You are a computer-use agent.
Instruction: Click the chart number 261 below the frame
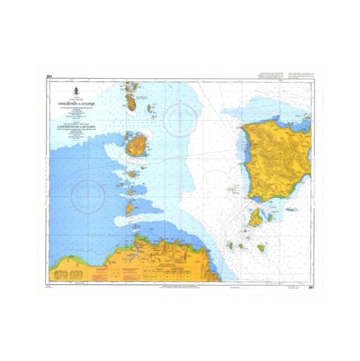pyautogui.click(x=311, y=288)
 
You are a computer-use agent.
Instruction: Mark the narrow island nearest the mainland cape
pyautogui.click(x=129, y=209)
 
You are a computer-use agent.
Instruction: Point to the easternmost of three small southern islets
pyautogui.click(x=248, y=246)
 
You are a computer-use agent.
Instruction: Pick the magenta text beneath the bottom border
pyautogui.click(x=231, y=288)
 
